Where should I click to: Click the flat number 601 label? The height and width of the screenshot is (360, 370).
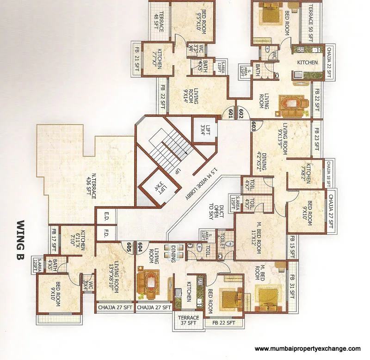pyautogui.click(x=231, y=112)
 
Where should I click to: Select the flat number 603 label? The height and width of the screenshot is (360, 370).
pyautogui.click(x=253, y=124)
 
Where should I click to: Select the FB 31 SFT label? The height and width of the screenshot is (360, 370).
pyautogui.click(x=291, y=287)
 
